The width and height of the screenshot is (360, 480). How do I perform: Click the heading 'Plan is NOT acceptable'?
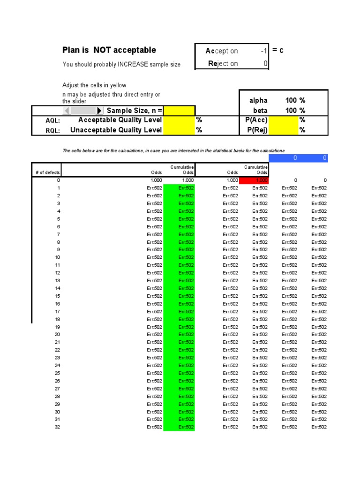(x=109, y=50)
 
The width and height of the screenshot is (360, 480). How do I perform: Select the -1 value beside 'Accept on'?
(x=264, y=51)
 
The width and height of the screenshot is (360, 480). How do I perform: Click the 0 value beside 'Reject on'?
(x=265, y=63)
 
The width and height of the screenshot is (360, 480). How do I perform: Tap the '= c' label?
(x=278, y=51)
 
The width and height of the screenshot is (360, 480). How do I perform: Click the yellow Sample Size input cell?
(x=179, y=111)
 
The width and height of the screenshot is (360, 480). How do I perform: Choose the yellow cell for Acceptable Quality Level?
(x=179, y=120)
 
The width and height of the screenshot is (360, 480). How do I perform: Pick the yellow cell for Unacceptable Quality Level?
(x=179, y=130)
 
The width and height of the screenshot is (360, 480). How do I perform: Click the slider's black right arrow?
(x=99, y=111)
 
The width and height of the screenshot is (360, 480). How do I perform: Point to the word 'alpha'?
(x=258, y=100)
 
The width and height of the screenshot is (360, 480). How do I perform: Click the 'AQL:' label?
(x=52, y=121)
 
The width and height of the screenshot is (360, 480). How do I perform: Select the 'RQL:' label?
(x=52, y=130)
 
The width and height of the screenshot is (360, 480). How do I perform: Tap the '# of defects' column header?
(x=47, y=172)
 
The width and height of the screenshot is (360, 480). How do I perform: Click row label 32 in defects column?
(x=57, y=427)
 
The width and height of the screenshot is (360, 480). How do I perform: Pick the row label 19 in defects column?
(x=57, y=327)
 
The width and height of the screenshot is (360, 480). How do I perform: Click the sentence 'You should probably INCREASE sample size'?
(x=121, y=65)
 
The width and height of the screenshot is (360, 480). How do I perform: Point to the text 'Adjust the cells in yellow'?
(x=94, y=85)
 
